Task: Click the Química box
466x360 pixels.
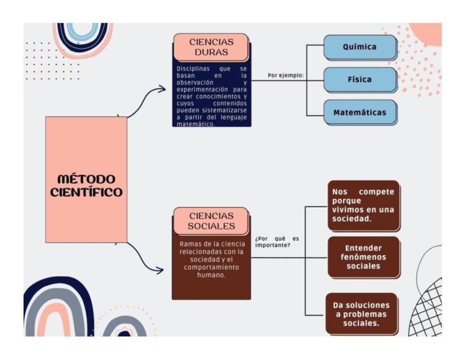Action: coord(359,47)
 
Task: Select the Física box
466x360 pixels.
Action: coord(359,79)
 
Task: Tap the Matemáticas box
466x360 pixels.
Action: coord(359,113)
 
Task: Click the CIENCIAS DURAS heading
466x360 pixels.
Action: coord(211,47)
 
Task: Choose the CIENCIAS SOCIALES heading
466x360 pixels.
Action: coord(211,221)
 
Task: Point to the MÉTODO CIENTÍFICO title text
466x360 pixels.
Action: coord(86,186)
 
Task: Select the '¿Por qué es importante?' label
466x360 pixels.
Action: coord(276,241)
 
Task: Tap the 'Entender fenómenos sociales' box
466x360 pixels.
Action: coord(363,257)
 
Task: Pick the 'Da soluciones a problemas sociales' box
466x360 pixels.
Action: coord(361,314)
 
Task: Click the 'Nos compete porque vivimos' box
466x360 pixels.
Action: coord(363,204)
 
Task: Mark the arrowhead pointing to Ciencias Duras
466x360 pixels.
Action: coord(162,88)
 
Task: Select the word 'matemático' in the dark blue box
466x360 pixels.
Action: coord(195,124)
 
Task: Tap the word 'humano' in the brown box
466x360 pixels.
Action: coord(211,275)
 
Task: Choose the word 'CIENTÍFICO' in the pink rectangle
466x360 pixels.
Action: coord(86,193)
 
